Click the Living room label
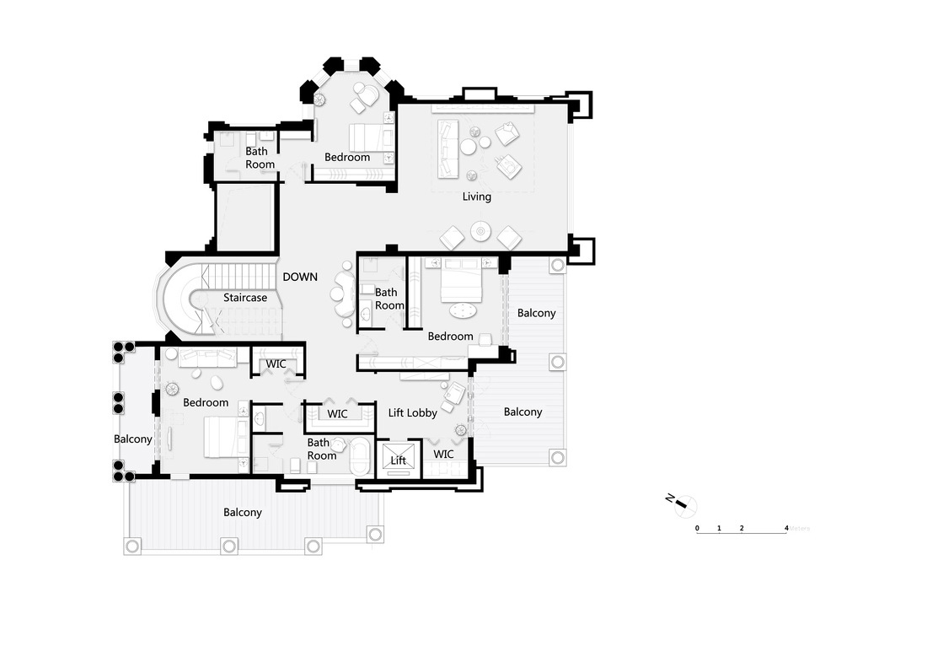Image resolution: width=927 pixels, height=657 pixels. pos(476,197)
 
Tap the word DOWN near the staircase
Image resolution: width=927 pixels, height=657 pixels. pos(300,277)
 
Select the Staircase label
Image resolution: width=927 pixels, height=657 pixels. pos(244,298)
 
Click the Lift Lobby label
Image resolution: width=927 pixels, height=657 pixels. pos(413,412)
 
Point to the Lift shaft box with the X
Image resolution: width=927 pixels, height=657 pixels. pos(399,460)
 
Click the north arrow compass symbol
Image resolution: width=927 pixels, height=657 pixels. pos(683,505)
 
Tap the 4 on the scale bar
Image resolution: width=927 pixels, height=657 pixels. pos(786,528)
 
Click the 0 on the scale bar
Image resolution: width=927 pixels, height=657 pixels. pos(697,528)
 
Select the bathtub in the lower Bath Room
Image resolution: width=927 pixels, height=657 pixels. pos(361,455)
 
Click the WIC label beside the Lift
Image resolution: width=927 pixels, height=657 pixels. pos(443,454)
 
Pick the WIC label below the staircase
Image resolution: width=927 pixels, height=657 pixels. pos(276,364)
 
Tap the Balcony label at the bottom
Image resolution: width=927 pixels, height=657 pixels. pos(243,513)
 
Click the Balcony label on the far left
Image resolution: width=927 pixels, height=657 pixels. pos(133,439)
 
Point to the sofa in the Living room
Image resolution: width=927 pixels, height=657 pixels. pos(447,149)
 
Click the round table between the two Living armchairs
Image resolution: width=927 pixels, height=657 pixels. pos(480,231)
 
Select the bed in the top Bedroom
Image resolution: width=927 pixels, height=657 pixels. pos(370,138)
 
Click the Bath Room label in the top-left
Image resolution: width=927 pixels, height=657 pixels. pos(260,158)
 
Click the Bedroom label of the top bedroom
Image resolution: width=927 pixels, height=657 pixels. pos(347,158)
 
